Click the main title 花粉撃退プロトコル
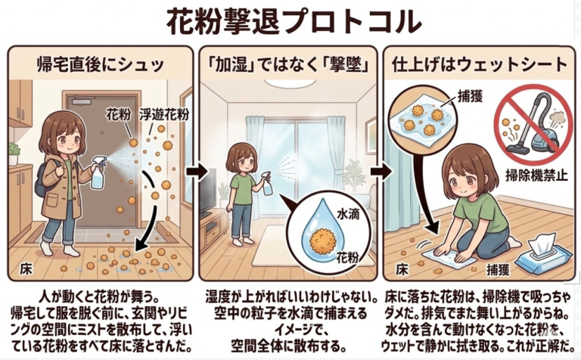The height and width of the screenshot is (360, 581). click(x=294, y=22)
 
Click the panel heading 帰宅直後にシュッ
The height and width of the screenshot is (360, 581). click(x=101, y=64)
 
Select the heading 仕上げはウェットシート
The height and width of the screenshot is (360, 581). click(x=480, y=65)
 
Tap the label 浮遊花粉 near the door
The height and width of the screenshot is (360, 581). click(x=164, y=115)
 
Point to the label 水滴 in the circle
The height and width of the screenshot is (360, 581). click(x=348, y=214)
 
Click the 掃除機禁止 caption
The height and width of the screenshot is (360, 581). click(x=537, y=175)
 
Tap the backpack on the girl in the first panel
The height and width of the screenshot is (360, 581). click(x=42, y=180)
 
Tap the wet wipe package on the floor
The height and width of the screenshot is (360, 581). click(x=543, y=253)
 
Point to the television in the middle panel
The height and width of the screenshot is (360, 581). click(x=208, y=193)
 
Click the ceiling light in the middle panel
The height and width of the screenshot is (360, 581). click(x=287, y=82)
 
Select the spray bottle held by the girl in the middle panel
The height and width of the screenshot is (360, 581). click(x=267, y=183)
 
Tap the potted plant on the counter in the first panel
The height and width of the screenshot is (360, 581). click(x=14, y=154)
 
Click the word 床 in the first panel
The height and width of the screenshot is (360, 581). click(x=26, y=268)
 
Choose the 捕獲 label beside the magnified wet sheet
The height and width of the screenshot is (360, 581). click(x=471, y=96)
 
